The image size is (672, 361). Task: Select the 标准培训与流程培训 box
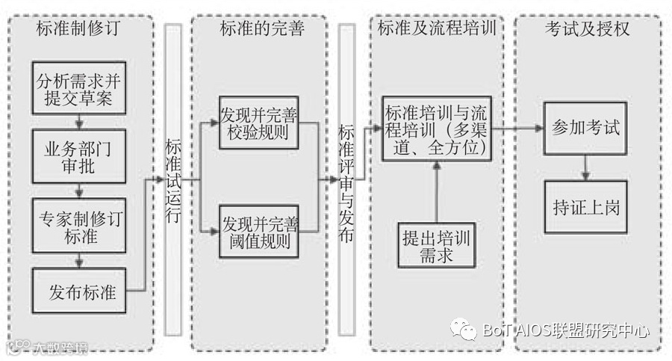pyautogui.click(x=438, y=128)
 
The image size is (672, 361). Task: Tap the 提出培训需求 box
pyautogui.click(x=438, y=246)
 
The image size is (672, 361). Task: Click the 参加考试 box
pyautogui.click(x=585, y=128)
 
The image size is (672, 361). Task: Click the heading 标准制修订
pyautogui.click(x=78, y=29)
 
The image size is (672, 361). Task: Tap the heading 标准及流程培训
pyautogui.click(x=438, y=29)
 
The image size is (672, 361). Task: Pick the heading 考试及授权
pyautogui.click(x=587, y=29)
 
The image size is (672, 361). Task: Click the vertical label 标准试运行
pyautogui.click(x=172, y=180)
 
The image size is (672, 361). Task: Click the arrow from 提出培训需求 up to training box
pyautogui.click(x=438, y=191)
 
